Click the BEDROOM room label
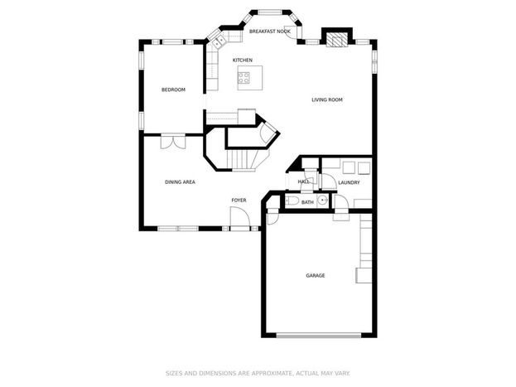pos(173,89)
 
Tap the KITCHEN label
pos(243,60)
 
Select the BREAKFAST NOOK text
pos(270,31)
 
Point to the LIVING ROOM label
pos(327,99)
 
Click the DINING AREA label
pos(180,181)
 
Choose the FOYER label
pos(239,200)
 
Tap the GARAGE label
pos(316,275)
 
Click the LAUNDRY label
pos(349,182)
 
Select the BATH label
pos(307,202)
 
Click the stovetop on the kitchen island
pos(244,78)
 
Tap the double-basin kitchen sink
pos(219,41)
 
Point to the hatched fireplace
pos(337,39)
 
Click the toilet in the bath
pos(292,201)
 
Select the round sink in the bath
pos(323,200)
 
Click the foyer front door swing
pos(240,217)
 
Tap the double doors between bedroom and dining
pos(173,142)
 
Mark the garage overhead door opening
pos(319,336)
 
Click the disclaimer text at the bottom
pos(258,373)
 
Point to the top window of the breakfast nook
pos(270,12)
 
